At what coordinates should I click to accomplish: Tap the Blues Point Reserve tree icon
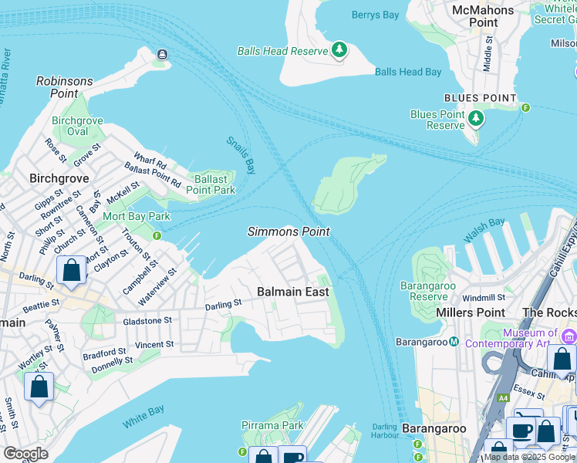(477, 119)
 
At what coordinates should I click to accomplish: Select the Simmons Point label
(288, 231)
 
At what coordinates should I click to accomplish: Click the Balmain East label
(292, 292)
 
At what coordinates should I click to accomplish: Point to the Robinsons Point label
(65, 86)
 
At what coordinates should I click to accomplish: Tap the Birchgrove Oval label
(77, 127)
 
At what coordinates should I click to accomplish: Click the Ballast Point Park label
(211, 184)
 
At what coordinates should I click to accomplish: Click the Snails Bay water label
(241, 154)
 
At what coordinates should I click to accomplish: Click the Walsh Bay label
(484, 230)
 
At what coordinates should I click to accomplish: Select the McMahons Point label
(484, 15)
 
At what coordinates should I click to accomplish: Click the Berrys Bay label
(375, 15)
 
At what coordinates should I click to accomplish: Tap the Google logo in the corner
(25, 454)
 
